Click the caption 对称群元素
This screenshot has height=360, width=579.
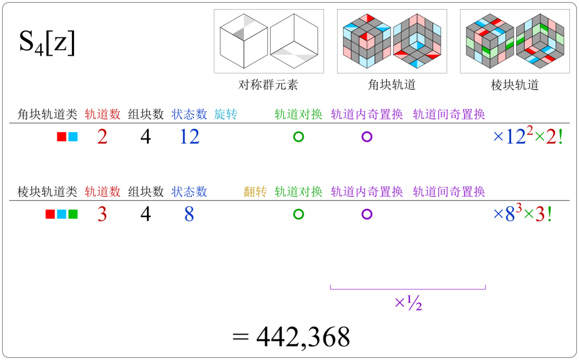click(268, 85)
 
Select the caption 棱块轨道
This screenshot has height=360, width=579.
click(515, 85)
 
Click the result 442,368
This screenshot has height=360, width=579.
click(292, 337)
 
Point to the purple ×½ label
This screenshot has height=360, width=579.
click(408, 303)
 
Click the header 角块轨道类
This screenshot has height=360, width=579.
click(47, 114)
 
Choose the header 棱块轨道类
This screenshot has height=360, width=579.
click(47, 192)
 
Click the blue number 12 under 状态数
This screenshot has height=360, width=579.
click(189, 137)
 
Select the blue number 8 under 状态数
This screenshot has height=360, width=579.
click(189, 215)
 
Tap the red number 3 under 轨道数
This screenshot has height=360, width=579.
click(102, 215)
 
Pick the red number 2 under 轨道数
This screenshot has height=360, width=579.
click(102, 137)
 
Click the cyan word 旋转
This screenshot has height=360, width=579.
click(226, 114)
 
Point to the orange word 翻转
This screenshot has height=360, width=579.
click(255, 192)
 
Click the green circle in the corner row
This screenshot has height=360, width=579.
click(299, 137)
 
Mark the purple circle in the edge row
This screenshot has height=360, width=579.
click(366, 214)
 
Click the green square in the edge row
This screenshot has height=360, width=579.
click(73, 215)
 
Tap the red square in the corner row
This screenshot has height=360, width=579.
click(62, 137)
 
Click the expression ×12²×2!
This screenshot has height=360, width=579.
click(528, 137)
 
